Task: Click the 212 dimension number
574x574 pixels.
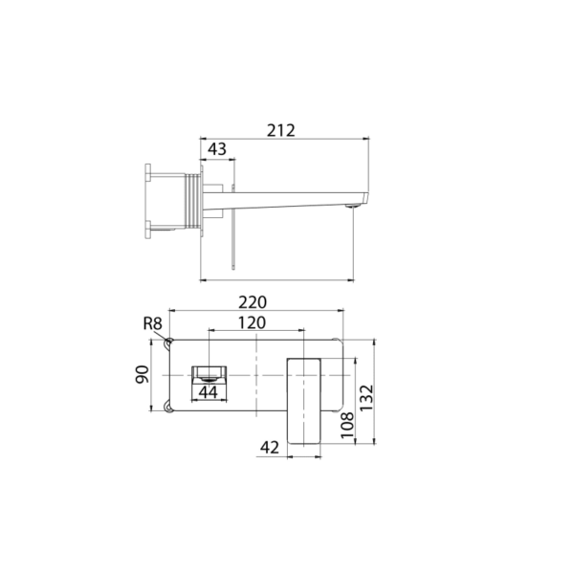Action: coord(281,129)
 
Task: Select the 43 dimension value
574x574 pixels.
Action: coord(217,150)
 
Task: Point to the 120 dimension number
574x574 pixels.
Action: coord(252,322)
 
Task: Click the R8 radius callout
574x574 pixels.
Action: coord(152,323)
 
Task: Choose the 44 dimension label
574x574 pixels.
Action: coord(208,391)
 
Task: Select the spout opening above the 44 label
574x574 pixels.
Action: coord(208,370)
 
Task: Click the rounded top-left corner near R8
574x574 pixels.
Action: coord(169,342)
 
